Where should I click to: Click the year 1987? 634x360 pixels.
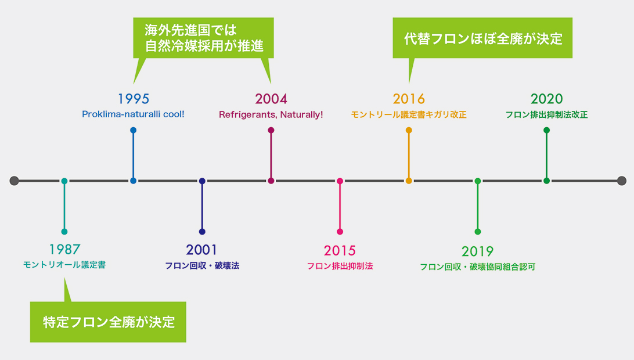64,249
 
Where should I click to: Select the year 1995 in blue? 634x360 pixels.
134,99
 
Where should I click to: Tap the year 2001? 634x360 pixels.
202,250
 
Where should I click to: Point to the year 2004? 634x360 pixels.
271,99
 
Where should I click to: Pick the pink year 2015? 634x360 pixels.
340,251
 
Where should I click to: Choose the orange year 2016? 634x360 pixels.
409,99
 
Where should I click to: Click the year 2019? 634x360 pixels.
477,251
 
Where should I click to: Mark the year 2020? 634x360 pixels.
547,99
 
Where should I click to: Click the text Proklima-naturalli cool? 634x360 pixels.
133,114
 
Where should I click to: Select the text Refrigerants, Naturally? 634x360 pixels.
271,115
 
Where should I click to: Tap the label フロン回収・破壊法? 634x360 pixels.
202,266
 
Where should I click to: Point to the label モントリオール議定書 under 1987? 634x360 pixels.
64,265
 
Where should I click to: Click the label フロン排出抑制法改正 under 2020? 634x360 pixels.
547,115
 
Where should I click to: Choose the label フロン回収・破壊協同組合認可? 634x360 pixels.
477,267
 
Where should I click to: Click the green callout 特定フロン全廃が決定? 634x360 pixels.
108,322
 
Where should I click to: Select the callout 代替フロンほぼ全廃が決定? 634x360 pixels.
482,38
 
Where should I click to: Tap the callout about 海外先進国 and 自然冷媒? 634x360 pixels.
203,38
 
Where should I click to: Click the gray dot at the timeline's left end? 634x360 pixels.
14,181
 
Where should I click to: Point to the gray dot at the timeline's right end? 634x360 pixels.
622,181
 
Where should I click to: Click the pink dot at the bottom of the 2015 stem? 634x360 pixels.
340,232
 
